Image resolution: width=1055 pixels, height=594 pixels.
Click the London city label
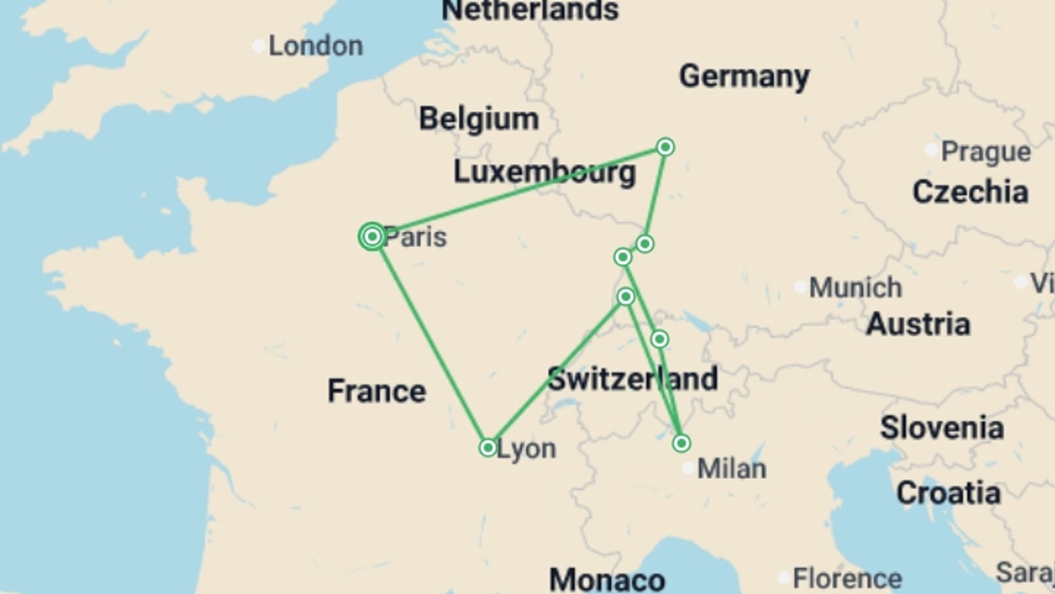point(315,46)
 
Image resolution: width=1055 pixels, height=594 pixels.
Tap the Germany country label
point(744,76)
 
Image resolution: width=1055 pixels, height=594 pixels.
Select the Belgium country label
point(479,119)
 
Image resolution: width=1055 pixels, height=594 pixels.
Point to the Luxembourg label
point(545,173)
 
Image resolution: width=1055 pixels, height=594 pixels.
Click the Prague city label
point(986,152)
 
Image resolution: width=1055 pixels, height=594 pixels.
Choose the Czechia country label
point(970,193)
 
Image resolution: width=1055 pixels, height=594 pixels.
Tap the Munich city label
point(855,288)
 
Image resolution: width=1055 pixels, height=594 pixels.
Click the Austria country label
point(918,324)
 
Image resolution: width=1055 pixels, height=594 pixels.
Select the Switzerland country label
point(632,379)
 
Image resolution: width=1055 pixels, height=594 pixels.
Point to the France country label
point(376,391)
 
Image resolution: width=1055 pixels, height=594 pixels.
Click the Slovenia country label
point(942,428)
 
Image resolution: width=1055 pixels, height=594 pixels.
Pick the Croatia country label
point(948,493)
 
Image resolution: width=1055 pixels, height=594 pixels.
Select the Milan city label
point(731,469)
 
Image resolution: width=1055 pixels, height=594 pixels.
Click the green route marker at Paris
point(373,237)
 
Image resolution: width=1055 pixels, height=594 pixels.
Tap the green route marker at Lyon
point(488,448)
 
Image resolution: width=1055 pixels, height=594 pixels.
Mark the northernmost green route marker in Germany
point(665,147)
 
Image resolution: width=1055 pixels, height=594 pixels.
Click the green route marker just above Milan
point(681,443)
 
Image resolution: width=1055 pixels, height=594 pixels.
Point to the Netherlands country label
point(530,10)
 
